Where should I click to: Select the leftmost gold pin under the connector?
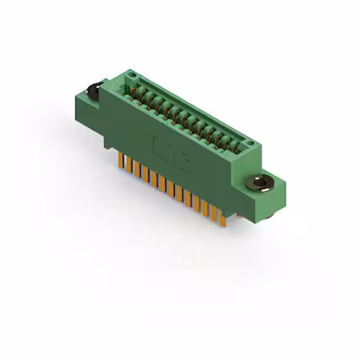[120, 160]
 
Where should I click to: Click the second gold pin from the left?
[129, 165]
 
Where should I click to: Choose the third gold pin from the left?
[137, 169]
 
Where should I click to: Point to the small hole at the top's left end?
[130, 74]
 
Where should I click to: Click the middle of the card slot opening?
[186, 115]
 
